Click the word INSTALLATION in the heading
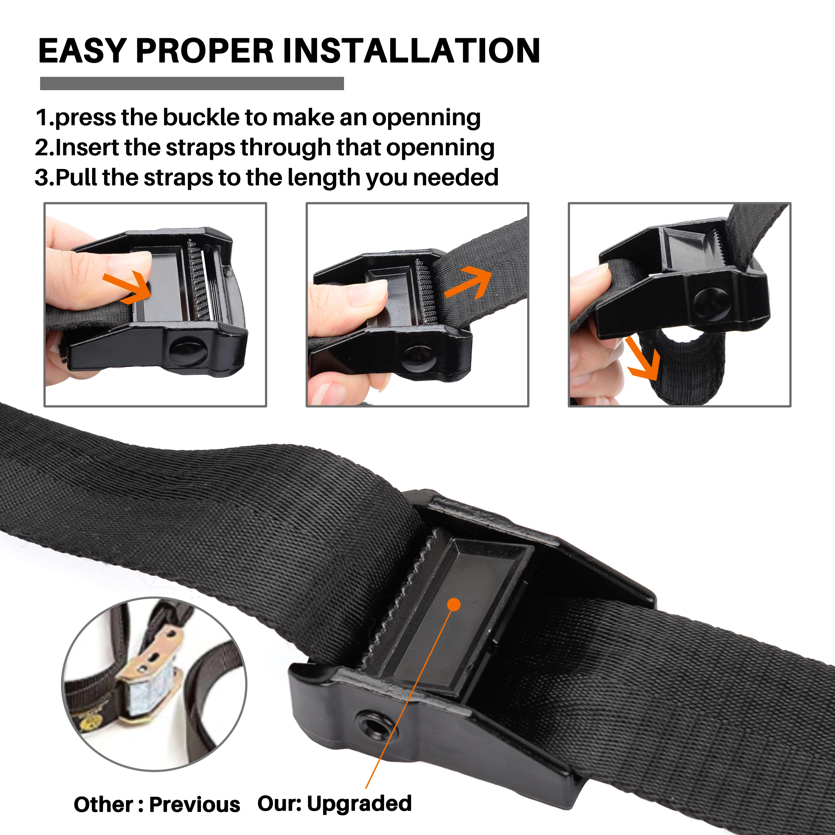[x=411, y=51]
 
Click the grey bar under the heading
[x=192, y=83]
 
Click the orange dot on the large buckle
[x=454, y=604]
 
